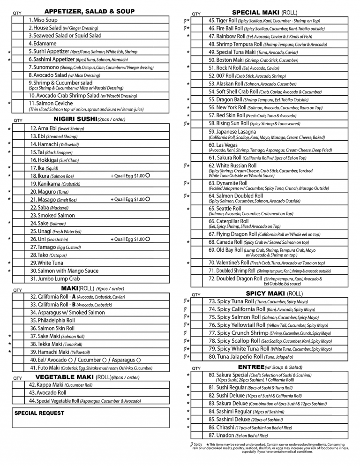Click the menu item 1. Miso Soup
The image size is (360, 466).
coord(43,20)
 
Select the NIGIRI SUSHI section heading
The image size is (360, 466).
coord(75,119)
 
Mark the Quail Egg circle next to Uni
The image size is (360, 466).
coord(148,239)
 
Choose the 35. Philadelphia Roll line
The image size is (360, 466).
coord(52,320)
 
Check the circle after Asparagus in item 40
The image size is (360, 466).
coord(139,360)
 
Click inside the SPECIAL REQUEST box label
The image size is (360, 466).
coord(39,413)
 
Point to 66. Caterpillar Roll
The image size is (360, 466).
coord(229,221)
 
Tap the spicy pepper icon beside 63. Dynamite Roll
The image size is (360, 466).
coord(185,183)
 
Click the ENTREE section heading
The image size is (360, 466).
coord(251,366)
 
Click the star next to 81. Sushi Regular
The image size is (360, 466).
coord(188,388)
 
